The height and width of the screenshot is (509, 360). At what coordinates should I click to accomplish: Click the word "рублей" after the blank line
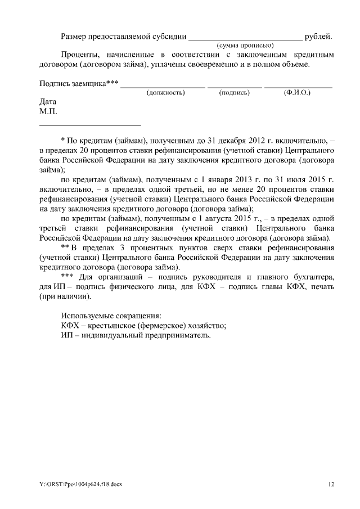click(x=318, y=37)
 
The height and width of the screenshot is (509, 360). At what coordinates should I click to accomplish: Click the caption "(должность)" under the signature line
click(x=165, y=93)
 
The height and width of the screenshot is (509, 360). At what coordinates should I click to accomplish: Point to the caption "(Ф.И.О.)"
click(x=298, y=93)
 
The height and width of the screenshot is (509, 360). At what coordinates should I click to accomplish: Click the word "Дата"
click(x=48, y=102)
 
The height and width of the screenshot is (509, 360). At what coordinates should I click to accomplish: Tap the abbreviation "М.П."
click(x=48, y=111)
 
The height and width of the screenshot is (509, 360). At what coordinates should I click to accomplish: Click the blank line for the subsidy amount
click(x=245, y=38)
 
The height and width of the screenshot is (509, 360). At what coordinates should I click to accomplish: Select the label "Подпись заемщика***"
click(x=79, y=84)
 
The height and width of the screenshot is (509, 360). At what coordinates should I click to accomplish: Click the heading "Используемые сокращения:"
click(x=111, y=315)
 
